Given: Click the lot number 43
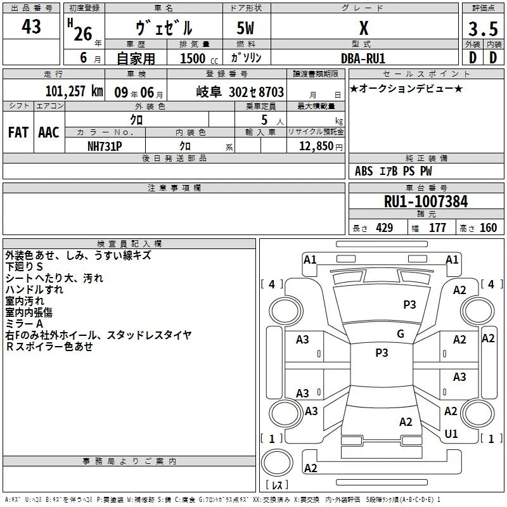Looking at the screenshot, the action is tap(31, 27).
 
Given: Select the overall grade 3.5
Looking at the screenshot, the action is tap(483, 29).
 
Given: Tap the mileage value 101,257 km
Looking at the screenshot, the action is tap(74, 91).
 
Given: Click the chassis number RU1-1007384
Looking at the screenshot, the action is tap(426, 201).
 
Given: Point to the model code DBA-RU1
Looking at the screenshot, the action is tap(363, 58).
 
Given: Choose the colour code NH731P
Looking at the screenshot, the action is tap(105, 146).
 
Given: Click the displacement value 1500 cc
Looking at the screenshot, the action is tap(199, 58).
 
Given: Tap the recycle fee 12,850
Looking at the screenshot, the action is tap(316, 146).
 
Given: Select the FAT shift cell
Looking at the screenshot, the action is tap(18, 132).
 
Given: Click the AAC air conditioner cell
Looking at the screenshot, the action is tap(49, 132).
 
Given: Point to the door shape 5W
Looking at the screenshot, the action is tap(245, 28).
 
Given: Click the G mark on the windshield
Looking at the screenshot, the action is tap(401, 334).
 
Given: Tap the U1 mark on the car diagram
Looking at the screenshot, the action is tap(451, 434).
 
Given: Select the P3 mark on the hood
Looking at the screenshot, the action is tap(409, 305).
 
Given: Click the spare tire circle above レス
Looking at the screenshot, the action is tap(277, 463).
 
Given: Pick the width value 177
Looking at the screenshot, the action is tap(437, 228).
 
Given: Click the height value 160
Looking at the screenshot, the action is tap(488, 228).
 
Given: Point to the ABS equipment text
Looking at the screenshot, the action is tap(364, 171).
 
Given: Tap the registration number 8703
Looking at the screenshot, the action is tap(271, 92).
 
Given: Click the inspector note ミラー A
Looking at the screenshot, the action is tap(24, 324).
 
